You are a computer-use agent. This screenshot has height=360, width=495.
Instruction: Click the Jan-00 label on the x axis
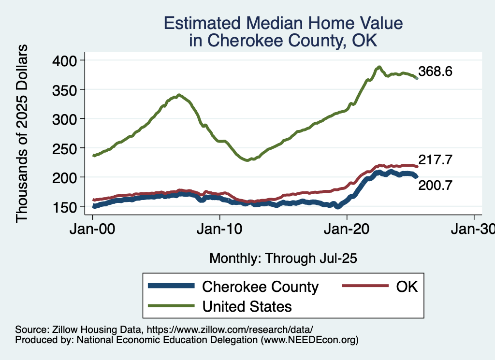[93, 230]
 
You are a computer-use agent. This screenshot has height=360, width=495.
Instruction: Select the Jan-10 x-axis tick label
[220, 230]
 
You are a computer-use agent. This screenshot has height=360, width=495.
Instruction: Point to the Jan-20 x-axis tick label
[347, 230]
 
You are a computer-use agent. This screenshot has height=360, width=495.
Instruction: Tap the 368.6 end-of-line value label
[435, 72]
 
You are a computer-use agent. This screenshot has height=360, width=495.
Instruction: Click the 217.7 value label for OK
[435, 160]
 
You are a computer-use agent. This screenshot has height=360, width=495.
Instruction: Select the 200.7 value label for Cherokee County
[435, 184]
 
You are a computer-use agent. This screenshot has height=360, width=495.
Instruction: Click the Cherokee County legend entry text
[260, 287]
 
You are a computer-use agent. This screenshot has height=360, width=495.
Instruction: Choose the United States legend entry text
[247, 306]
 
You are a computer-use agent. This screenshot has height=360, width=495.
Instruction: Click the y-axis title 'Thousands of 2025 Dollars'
[22, 133]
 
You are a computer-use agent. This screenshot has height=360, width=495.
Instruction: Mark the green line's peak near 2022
[379, 67]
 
